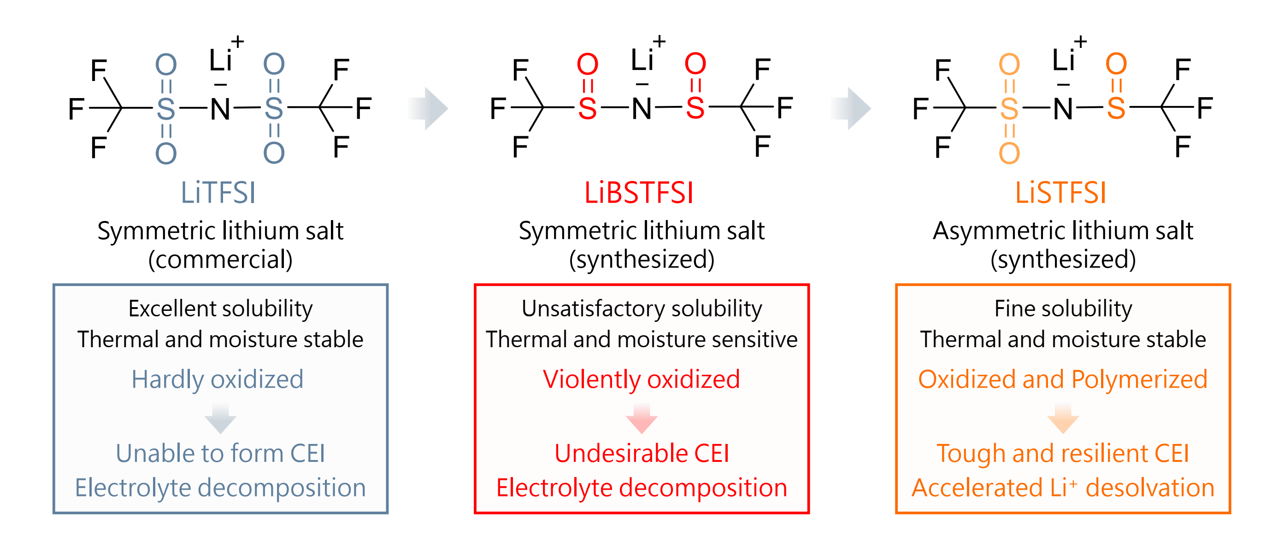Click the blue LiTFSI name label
point(218,193)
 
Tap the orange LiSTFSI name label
point(1060,193)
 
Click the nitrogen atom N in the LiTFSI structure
point(220,109)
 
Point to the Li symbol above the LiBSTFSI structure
point(642,61)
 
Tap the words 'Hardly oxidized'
point(218,379)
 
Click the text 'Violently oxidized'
point(641,379)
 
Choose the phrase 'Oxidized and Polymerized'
point(1063,379)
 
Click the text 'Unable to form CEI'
point(220,453)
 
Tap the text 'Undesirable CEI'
point(642,453)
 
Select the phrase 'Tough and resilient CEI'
point(1063,453)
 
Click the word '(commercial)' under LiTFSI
point(220,260)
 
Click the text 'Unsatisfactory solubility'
point(642,309)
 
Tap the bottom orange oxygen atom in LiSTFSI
point(1009,153)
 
